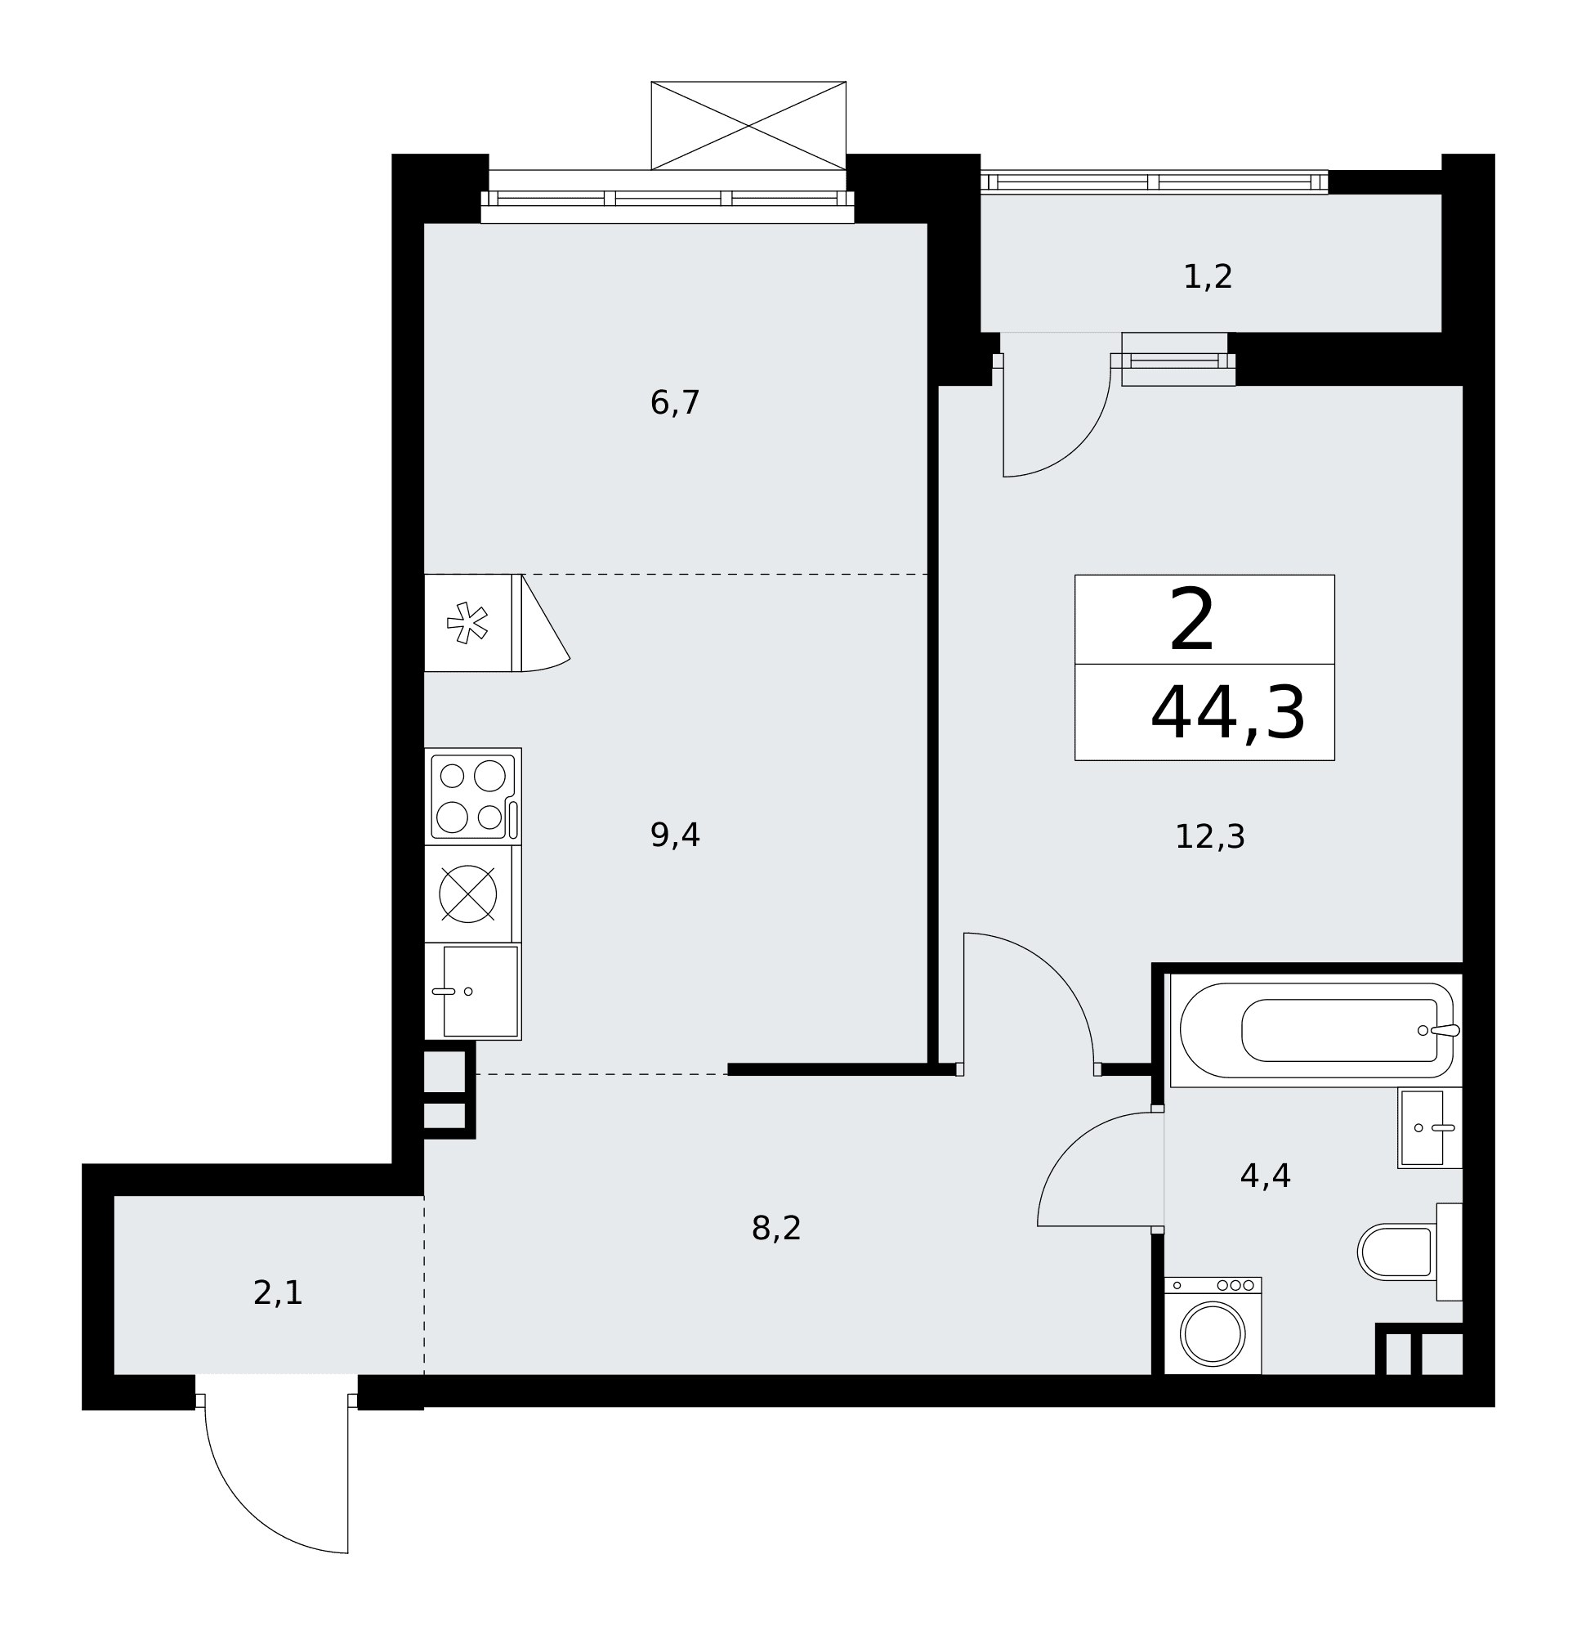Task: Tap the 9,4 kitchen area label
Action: point(675,835)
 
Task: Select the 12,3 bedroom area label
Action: point(1209,836)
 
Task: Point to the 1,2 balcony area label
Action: point(1208,277)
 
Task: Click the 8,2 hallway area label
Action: point(775,1229)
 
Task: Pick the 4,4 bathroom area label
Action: point(1265,1176)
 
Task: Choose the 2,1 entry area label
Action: point(278,1294)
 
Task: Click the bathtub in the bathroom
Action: point(1316,1030)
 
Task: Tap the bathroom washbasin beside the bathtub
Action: point(1429,1128)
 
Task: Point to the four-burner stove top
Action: point(473,796)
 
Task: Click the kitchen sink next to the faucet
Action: point(480,991)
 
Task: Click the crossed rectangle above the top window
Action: point(748,125)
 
